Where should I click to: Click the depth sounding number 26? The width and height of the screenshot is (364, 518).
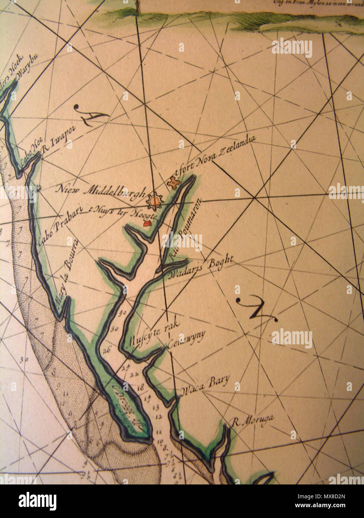pyautogui.click(x=107, y=350)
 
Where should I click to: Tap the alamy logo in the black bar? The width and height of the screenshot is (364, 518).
pyautogui.click(x=37, y=501)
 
